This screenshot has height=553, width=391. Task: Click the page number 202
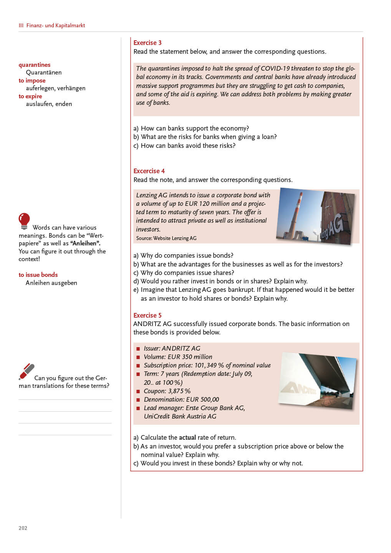23,528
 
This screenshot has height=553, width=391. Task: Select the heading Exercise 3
147,43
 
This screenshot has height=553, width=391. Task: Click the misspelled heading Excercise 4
149,171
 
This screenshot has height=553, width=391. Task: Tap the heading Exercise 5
147,315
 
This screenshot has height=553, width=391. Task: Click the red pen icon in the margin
27,371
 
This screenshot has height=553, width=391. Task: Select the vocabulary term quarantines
35,65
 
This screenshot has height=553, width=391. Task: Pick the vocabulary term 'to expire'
30,96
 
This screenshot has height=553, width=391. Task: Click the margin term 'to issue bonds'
38,275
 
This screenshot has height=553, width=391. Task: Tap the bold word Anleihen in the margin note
85,243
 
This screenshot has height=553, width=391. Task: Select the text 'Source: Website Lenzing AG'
166,238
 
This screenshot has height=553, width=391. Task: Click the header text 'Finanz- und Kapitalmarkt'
56,25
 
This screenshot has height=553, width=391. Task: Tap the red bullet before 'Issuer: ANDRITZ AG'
138,349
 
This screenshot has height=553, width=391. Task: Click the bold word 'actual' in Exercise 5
187,437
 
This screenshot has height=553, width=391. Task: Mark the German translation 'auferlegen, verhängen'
56,88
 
